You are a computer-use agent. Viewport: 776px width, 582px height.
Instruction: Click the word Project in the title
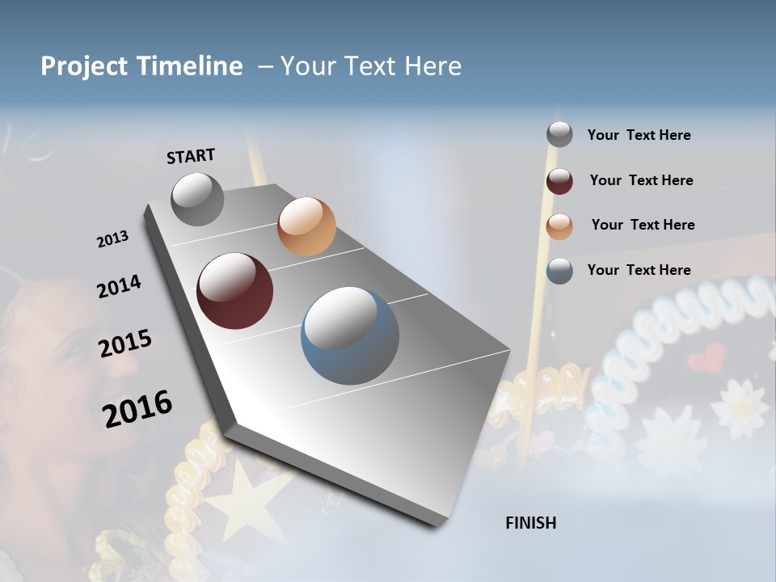[x=82, y=66]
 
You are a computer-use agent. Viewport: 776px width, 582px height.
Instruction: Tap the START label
[x=191, y=156]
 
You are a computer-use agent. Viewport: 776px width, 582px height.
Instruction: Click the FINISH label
[x=531, y=523]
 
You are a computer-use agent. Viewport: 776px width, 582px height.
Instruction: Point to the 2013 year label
[x=112, y=239]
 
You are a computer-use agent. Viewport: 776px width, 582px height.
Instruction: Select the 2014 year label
[x=119, y=286]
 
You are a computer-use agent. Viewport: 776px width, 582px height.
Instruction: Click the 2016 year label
[x=137, y=408]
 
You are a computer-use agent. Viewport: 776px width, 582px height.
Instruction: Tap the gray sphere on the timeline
[x=197, y=199]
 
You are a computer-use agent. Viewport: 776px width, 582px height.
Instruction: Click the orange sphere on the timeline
[x=306, y=226]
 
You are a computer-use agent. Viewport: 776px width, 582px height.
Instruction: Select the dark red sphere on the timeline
[x=235, y=291]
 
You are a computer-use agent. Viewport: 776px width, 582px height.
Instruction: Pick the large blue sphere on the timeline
[x=350, y=335]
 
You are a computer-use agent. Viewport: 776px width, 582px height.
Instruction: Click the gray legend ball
[x=559, y=135]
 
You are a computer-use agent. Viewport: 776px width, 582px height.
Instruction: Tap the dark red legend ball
[x=559, y=181]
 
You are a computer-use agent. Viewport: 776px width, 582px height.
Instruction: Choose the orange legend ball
[x=559, y=226]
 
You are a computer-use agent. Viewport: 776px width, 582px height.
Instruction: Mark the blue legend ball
[x=559, y=271]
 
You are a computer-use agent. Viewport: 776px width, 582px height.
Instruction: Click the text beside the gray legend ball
[x=639, y=135]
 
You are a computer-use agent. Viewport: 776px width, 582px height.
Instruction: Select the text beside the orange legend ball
[x=643, y=225]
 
